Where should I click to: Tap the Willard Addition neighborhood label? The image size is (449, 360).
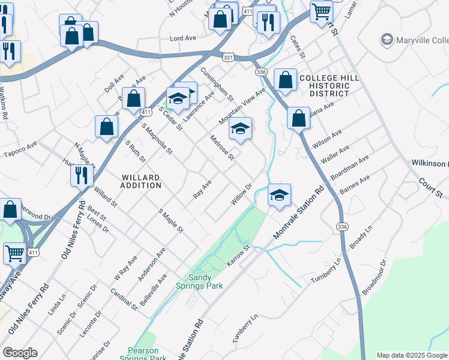141,181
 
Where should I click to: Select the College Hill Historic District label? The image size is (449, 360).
329,86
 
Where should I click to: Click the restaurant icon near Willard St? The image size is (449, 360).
80,175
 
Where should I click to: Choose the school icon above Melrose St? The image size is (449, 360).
240,128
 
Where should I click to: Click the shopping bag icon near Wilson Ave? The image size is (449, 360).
298,118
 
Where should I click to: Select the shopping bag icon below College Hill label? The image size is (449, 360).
285,79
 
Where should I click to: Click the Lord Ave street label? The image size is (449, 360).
183,38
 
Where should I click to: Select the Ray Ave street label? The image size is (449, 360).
202,189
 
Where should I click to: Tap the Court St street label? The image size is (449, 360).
430,187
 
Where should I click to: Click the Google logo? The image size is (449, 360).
20,353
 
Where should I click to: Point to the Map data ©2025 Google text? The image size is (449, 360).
411,355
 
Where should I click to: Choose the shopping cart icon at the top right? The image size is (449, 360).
322,10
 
